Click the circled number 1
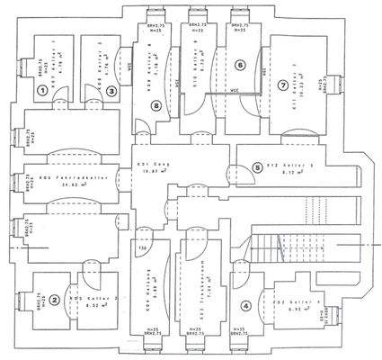[42, 90]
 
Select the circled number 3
[111, 90]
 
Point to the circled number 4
[246, 304]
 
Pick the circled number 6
[239, 65]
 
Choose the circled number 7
[282, 85]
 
